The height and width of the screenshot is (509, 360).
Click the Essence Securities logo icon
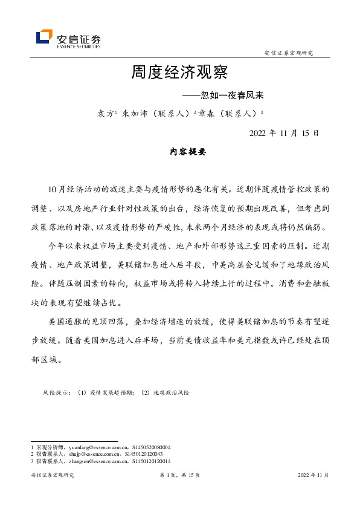44,37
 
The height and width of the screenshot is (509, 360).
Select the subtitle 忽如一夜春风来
233,96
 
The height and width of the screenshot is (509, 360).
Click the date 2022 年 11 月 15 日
283,133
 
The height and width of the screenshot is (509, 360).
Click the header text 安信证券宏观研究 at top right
289,53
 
